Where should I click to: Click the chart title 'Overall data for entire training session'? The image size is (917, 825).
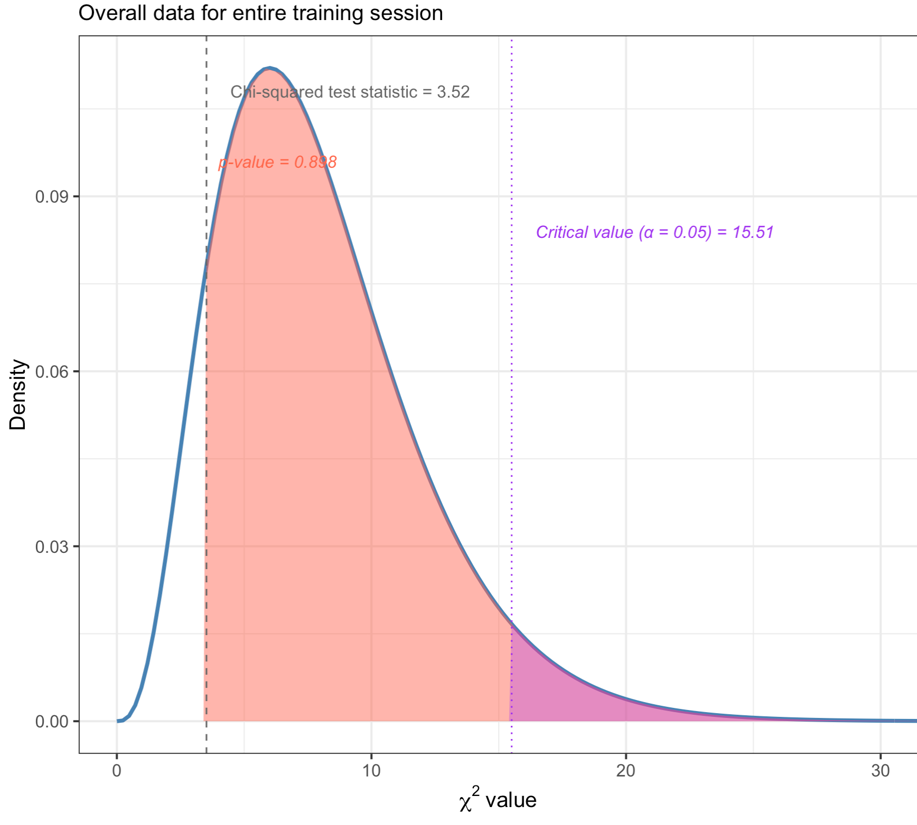(x=261, y=13)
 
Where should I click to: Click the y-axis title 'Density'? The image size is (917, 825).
(x=18, y=395)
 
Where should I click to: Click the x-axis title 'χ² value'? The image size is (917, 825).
(x=498, y=801)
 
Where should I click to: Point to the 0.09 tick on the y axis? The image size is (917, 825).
(x=52, y=197)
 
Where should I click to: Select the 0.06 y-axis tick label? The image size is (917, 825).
(x=52, y=372)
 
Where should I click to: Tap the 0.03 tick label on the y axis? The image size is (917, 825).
(x=52, y=547)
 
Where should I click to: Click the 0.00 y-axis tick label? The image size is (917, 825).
(x=52, y=722)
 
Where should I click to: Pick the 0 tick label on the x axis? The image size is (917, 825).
(x=117, y=771)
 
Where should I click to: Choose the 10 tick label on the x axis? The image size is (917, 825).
(x=371, y=771)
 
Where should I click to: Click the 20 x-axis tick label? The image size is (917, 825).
(x=626, y=771)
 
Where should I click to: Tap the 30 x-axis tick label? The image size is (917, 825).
(x=880, y=771)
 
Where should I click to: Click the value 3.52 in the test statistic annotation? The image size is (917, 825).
(x=453, y=92)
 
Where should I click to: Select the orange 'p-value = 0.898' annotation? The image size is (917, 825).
(x=278, y=162)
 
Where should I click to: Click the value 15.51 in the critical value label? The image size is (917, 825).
(x=753, y=232)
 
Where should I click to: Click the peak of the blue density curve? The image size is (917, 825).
(x=270, y=68)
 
